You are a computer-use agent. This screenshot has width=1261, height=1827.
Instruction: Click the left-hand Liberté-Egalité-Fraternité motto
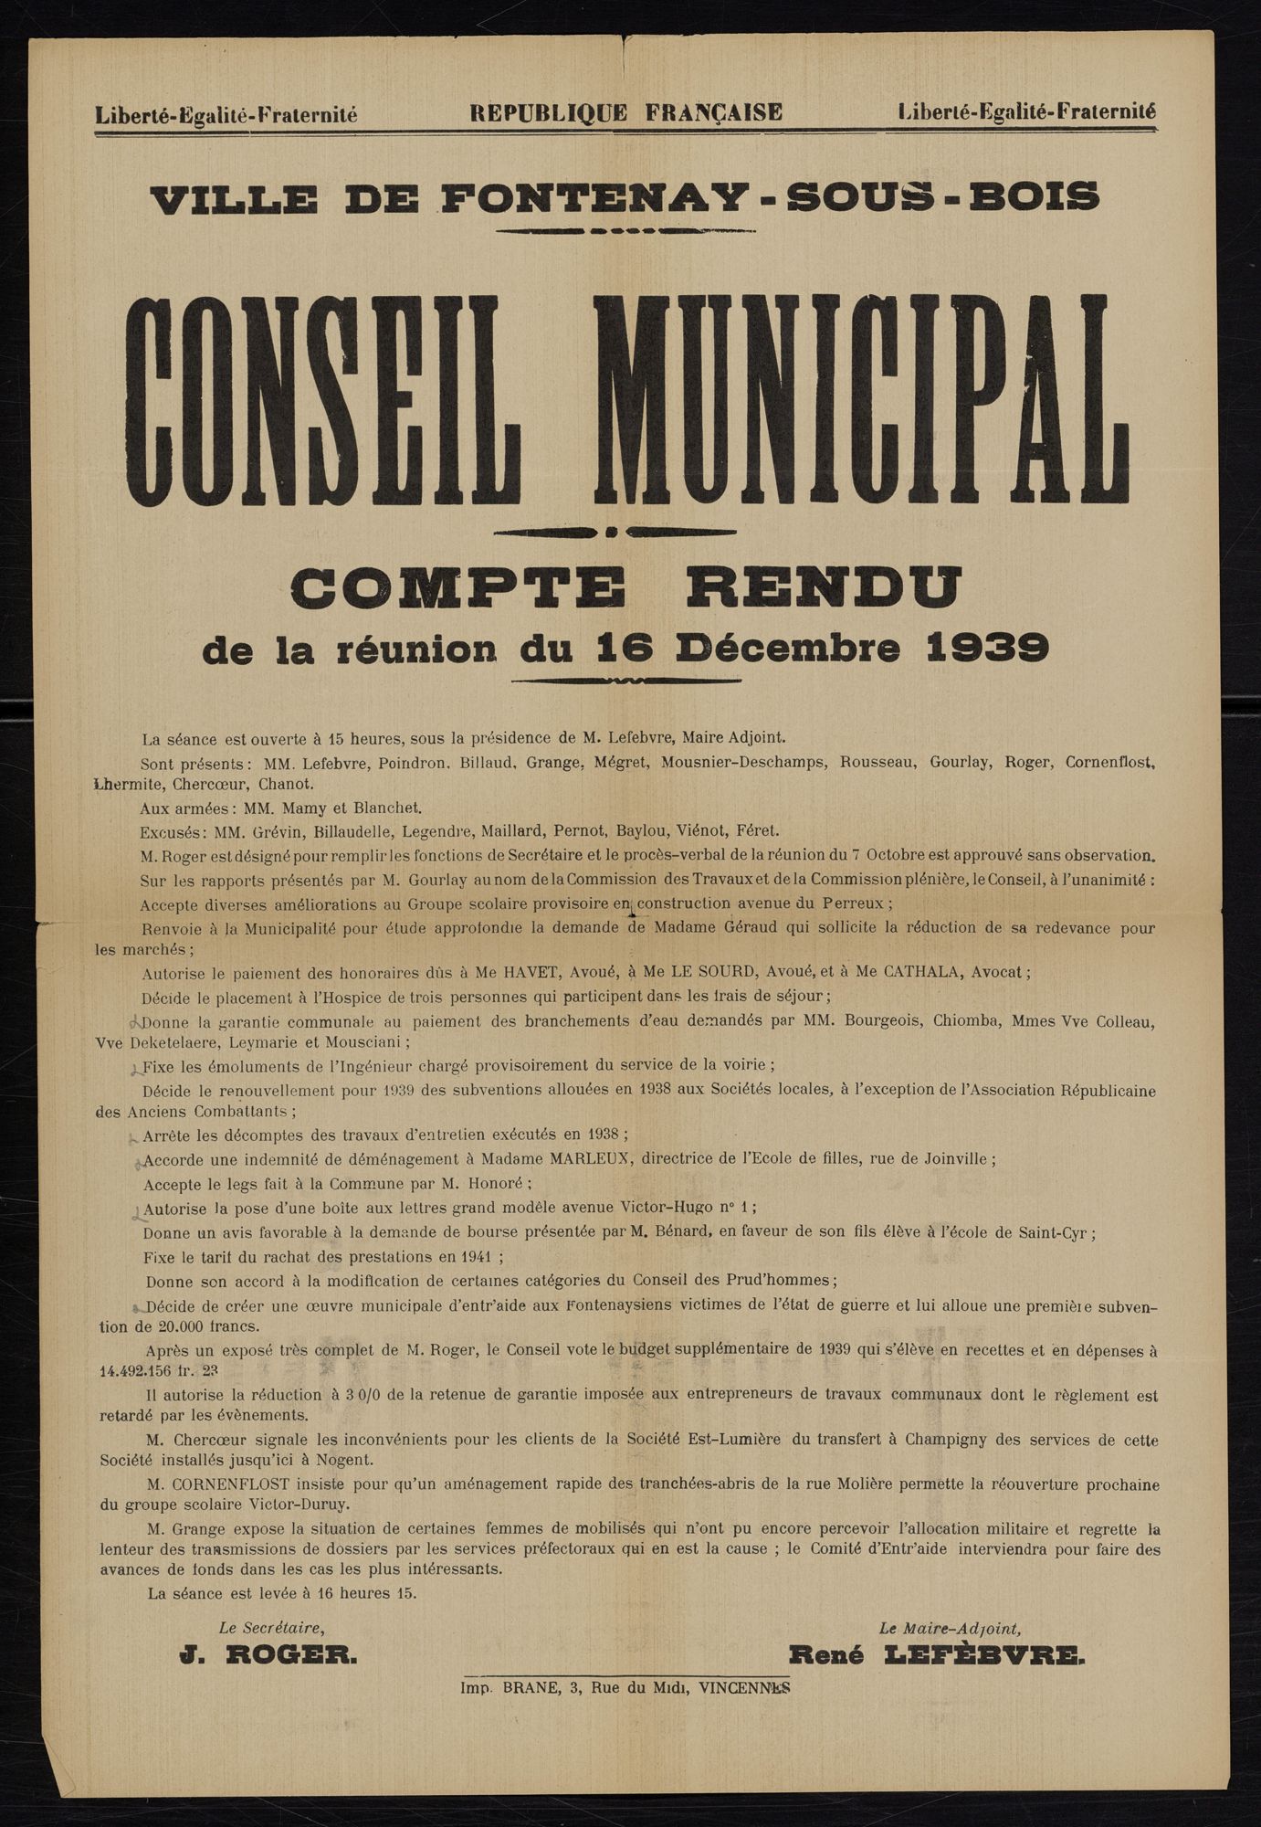226,115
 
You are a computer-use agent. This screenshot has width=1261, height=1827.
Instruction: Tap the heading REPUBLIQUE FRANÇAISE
625,112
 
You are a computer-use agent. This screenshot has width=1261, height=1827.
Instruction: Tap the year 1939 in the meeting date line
987,648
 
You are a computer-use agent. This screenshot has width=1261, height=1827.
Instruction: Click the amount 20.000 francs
184,1326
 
